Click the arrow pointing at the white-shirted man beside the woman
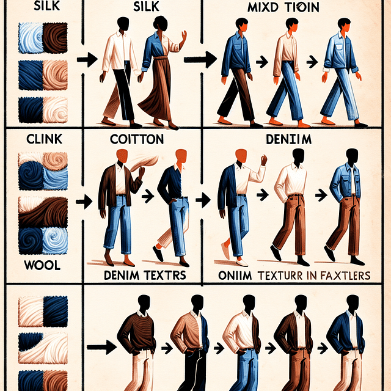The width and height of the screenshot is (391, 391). point(89,60)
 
